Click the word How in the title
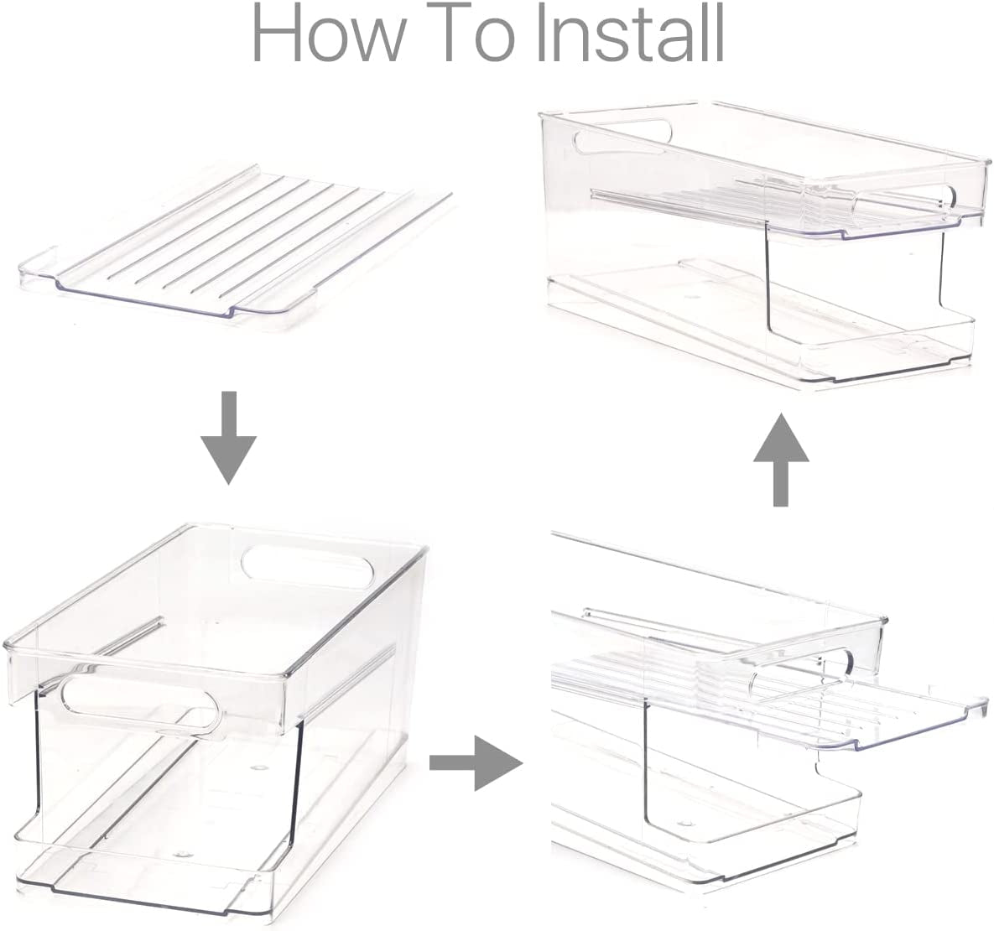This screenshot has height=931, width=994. pos(328,33)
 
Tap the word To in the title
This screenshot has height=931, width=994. pos(474,33)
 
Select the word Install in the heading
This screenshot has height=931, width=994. pos(632,33)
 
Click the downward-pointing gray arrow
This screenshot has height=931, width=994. pos(229,438)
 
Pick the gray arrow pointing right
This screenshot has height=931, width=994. pos(476,762)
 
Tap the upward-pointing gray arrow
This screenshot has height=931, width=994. pos(781,460)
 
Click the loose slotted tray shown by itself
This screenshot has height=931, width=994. pos(236,247)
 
